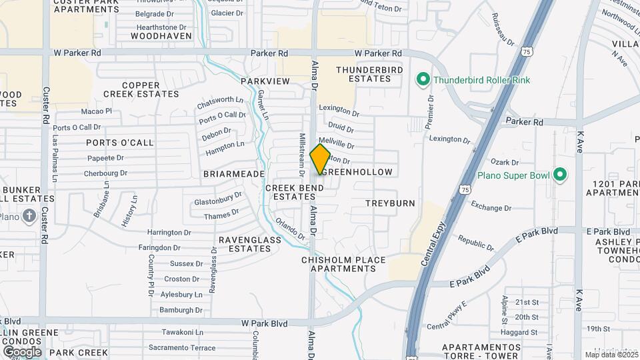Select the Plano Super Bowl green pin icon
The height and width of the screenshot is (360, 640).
tap(561, 175)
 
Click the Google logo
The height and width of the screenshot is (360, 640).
tap(21, 351)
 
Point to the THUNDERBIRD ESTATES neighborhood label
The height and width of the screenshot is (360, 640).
tap(363, 74)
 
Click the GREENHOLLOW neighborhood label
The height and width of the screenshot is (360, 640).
tap(359, 172)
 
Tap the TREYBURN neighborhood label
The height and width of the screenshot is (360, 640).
tap(390, 203)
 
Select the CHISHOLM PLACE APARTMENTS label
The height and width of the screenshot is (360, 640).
tap(343, 264)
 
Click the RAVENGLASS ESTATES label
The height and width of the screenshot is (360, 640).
tap(245, 243)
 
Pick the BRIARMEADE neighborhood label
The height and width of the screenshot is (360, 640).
tap(234, 174)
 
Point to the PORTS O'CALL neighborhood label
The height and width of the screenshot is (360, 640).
tap(120, 143)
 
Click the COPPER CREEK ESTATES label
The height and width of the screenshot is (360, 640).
tap(141, 89)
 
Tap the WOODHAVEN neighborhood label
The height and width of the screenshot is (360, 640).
tap(161, 35)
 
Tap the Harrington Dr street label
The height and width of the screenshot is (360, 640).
tap(169, 233)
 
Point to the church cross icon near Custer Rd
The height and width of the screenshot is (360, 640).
tap(29, 215)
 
